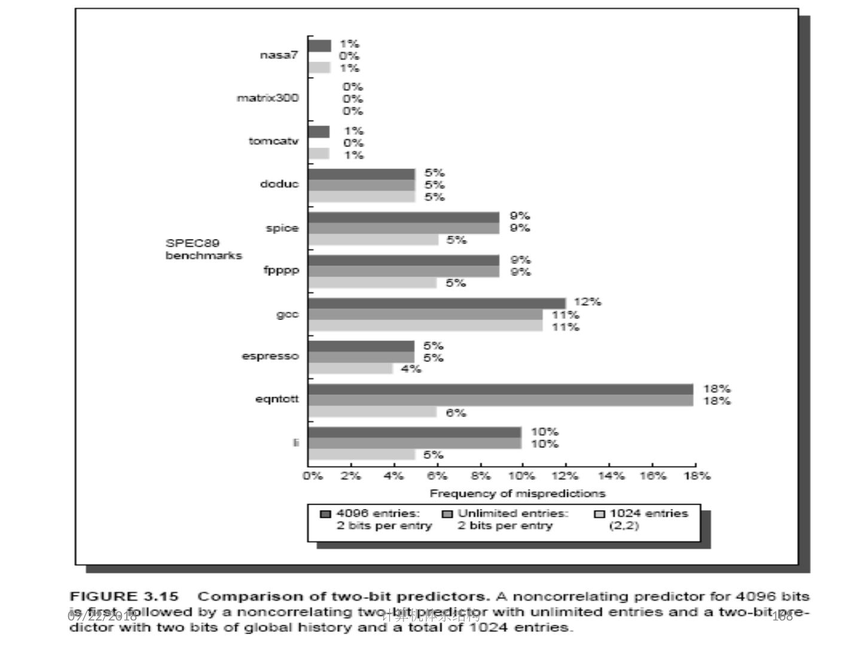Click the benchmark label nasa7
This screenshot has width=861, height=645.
point(279,55)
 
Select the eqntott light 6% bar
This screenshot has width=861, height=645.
point(373,412)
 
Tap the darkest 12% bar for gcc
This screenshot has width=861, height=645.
point(436,303)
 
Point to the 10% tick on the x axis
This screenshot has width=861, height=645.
point(521,476)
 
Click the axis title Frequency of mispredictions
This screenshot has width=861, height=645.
point(517,493)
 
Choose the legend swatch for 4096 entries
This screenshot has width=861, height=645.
point(325,514)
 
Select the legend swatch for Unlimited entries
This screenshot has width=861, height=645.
point(447,514)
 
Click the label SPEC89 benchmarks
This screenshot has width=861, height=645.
point(203,249)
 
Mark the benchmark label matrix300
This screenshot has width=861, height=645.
point(267,98)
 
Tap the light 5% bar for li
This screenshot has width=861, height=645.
point(362,455)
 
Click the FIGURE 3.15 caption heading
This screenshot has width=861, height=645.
point(124,597)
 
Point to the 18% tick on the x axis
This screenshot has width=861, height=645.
point(697,476)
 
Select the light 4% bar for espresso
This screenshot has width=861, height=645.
point(351,368)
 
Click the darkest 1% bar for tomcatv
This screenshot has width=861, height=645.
point(319,132)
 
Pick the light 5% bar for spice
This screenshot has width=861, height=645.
point(373,239)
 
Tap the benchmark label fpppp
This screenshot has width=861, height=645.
point(281,271)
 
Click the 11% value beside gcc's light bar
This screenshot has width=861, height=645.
point(565,327)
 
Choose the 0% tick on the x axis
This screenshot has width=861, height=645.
point(313,476)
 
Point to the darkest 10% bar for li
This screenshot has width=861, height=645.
point(415,432)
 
